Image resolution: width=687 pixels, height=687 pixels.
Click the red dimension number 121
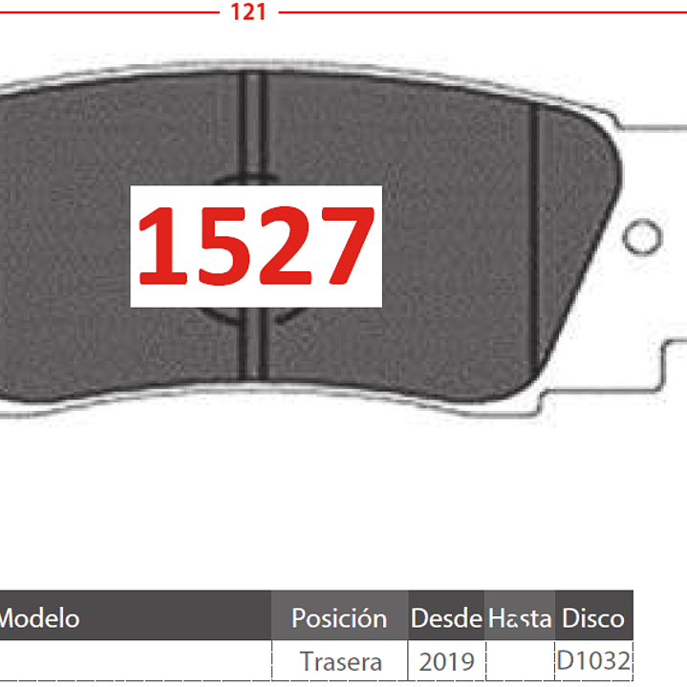click(x=248, y=11)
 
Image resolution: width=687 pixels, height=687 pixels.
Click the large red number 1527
click(x=256, y=247)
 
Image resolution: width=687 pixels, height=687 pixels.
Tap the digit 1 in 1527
click(x=163, y=247)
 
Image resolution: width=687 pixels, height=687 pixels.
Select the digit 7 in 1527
click(x=348, y=247)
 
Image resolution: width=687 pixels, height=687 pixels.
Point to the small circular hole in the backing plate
click(x=642, y=237)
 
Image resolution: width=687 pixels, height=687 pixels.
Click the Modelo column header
click(x=38, y=618)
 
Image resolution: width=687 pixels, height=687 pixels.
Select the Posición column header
click(x=339, y=618)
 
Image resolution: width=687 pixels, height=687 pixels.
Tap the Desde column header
click(x=446, y=618)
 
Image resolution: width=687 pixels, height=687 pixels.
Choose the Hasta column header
click(x=520, y=618)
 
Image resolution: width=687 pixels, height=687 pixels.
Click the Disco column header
click(x=593, y=618)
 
